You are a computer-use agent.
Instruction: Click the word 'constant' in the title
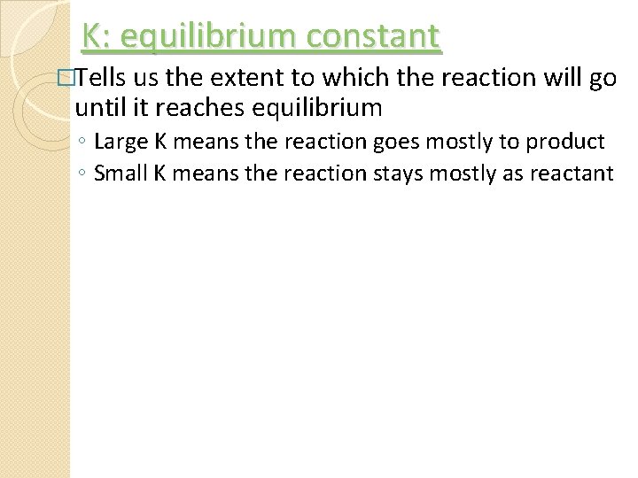[x=377, y=36]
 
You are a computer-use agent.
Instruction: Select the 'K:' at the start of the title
[x=97, y=36]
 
